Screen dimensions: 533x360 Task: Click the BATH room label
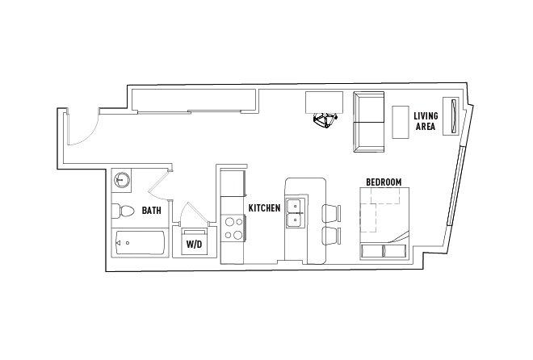coord(151,211)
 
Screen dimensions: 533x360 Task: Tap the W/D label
coord(194,245)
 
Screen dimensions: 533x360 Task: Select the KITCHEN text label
coord(264,208)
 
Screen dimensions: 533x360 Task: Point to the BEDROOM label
coord(384,182)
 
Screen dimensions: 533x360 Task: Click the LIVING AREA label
coord(426,121)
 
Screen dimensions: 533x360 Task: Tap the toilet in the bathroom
coord(123,211)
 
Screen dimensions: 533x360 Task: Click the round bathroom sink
coord(121,179)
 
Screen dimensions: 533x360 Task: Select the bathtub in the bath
coord(141,242)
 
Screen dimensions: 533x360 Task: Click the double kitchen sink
coord(295,213)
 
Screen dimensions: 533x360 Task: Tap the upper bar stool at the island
coord(331,213)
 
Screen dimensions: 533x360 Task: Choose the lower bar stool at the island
coord(331,236)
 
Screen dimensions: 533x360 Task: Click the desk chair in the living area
coord(325,120)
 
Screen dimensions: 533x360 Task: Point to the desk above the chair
coord(325,103)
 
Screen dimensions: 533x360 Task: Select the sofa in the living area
coord(369,122)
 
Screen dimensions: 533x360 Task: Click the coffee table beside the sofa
coord(401,122)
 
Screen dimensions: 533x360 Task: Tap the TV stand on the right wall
coord(451,116)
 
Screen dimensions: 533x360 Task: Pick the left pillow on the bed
coord(371,251)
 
